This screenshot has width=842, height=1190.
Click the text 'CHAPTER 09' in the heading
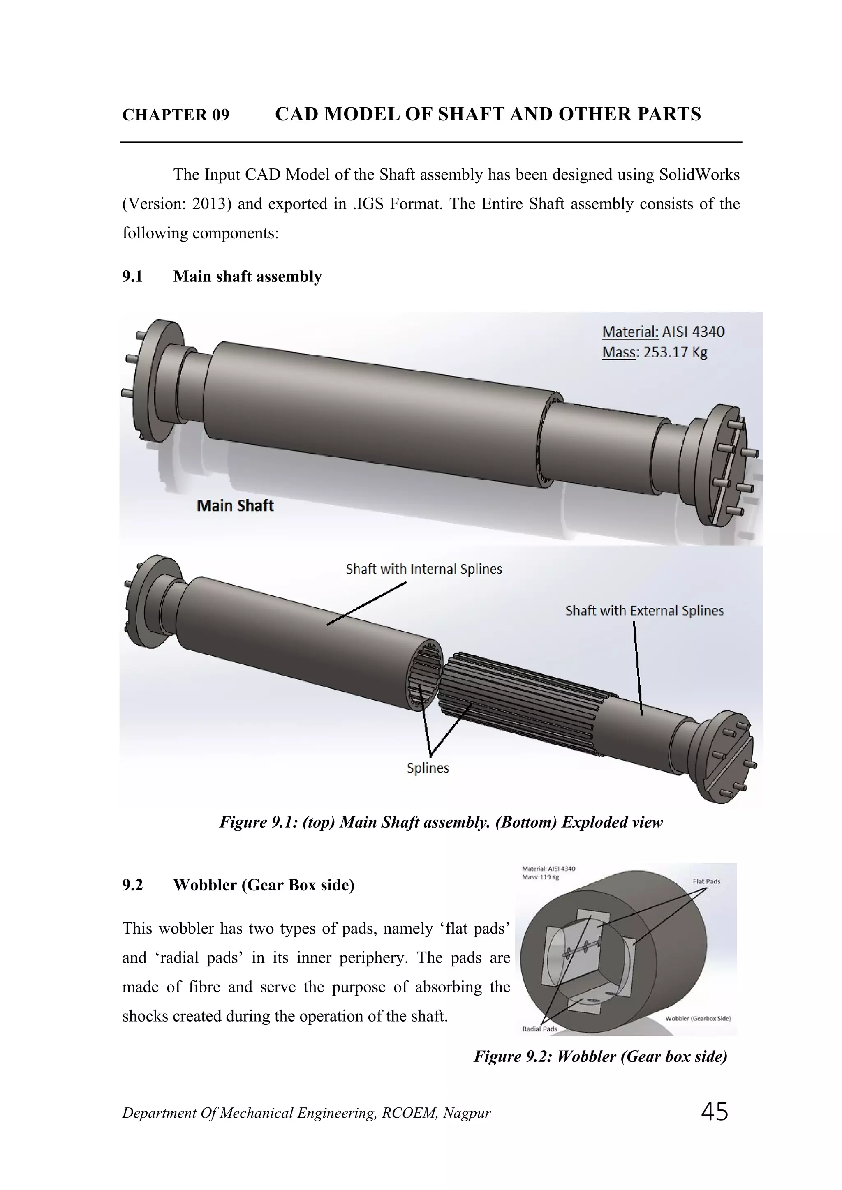(x=176, y=115)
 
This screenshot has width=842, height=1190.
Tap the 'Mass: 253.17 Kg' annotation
(x=654, y=353)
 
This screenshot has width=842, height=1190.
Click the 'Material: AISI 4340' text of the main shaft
(x=663, y=332)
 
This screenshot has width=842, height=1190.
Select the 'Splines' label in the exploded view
(x=428, y=768)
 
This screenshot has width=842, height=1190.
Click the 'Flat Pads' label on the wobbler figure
(x=706, y=881)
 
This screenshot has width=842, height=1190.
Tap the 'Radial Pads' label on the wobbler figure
(x=539, y=1029)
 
